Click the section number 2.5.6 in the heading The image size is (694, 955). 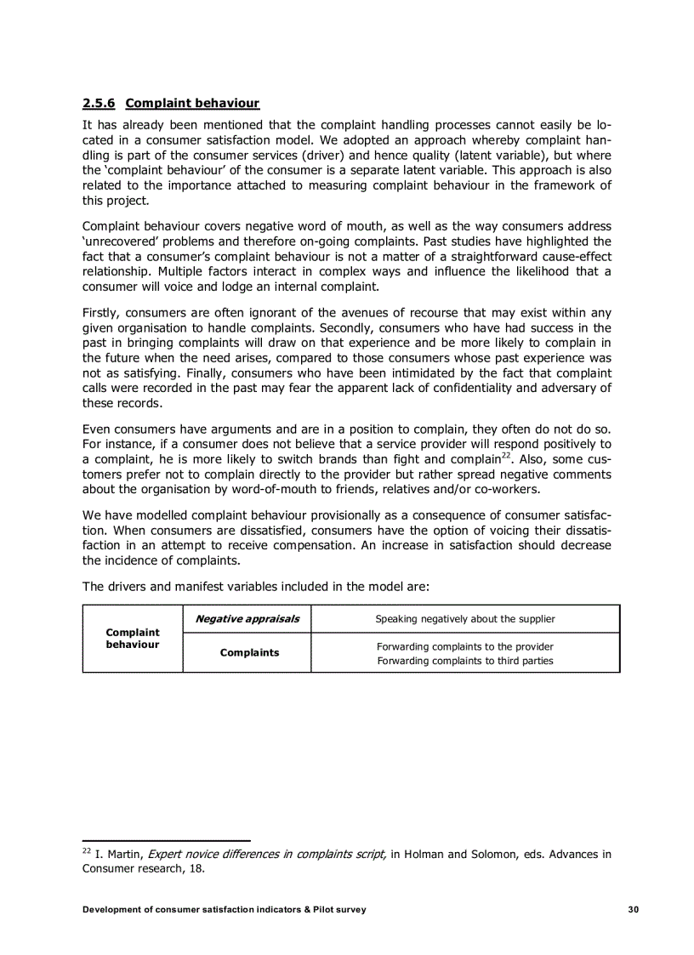click(x=100, y=104)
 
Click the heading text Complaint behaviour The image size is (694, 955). click(x=191, y=104)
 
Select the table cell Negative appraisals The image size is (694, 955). click(x=247, y=619)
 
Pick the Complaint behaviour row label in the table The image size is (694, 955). click(x=132, y=638)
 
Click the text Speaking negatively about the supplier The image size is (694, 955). click(x=465, y=619)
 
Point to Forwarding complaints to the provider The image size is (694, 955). click(x=465, y=646)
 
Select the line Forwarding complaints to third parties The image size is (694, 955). click(x=465, y=661)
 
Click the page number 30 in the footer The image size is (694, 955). click(x=634, y=910)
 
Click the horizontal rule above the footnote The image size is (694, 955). click(x=166, y=840)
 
